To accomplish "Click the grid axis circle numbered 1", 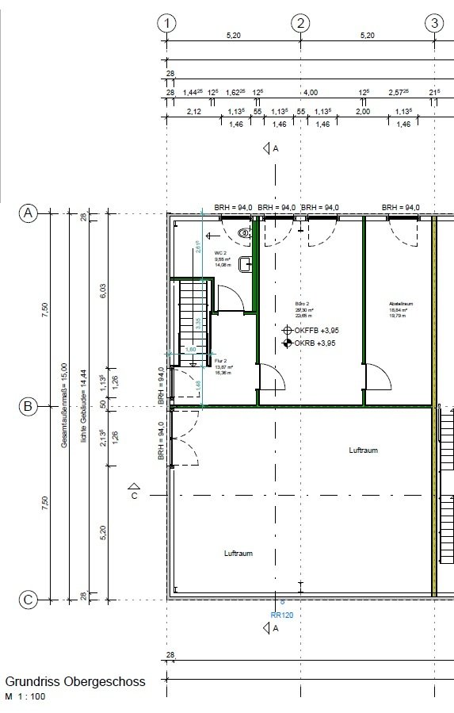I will tap(166, 23).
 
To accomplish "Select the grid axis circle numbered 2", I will tap(300, 23).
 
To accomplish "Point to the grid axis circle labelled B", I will tap(28, 407).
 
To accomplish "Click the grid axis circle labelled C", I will tap(28, 600).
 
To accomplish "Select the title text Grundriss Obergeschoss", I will tap(75, 681).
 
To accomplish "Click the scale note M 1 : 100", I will tap(25, 696).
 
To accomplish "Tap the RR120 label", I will tap(281, 614).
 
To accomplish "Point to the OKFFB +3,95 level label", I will tap(311, 329).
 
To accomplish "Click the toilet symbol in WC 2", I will tap(244, 232).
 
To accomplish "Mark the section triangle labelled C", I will tap(135, 490).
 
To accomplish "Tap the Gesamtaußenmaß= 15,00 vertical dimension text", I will tap(64, 406).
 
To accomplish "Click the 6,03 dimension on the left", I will tap(102, 292).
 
